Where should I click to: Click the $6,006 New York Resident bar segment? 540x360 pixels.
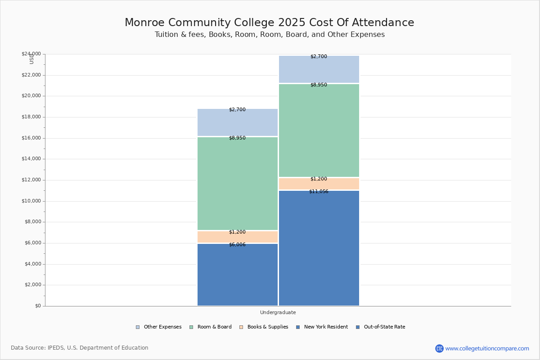(x=238, y=274)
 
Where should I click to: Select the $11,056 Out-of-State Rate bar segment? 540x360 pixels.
(x=319, y=248)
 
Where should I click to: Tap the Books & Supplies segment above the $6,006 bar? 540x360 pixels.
(x=238, y=237)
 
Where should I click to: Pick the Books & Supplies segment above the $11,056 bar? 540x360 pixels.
(x=319, y=184)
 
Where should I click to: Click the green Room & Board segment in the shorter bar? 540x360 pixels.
(x=238, y=184)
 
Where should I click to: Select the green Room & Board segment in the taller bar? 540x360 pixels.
(x=319, y=130)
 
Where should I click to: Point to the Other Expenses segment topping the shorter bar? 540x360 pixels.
(x=238, y=122)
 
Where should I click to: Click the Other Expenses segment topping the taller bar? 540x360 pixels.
(x=319, y=69)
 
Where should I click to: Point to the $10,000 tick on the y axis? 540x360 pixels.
(x=31, y=201)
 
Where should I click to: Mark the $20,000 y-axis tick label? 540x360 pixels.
(x=31, y=96)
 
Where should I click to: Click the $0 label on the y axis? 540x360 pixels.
(x=38, y=306)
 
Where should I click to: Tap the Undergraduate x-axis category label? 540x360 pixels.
(x=278, y=312)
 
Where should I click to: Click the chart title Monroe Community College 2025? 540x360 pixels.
(x=269, y=23)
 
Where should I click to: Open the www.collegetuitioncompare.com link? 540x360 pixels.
(x=487, y=348)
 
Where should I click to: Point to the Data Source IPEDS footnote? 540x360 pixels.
(x=80, y=348)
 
